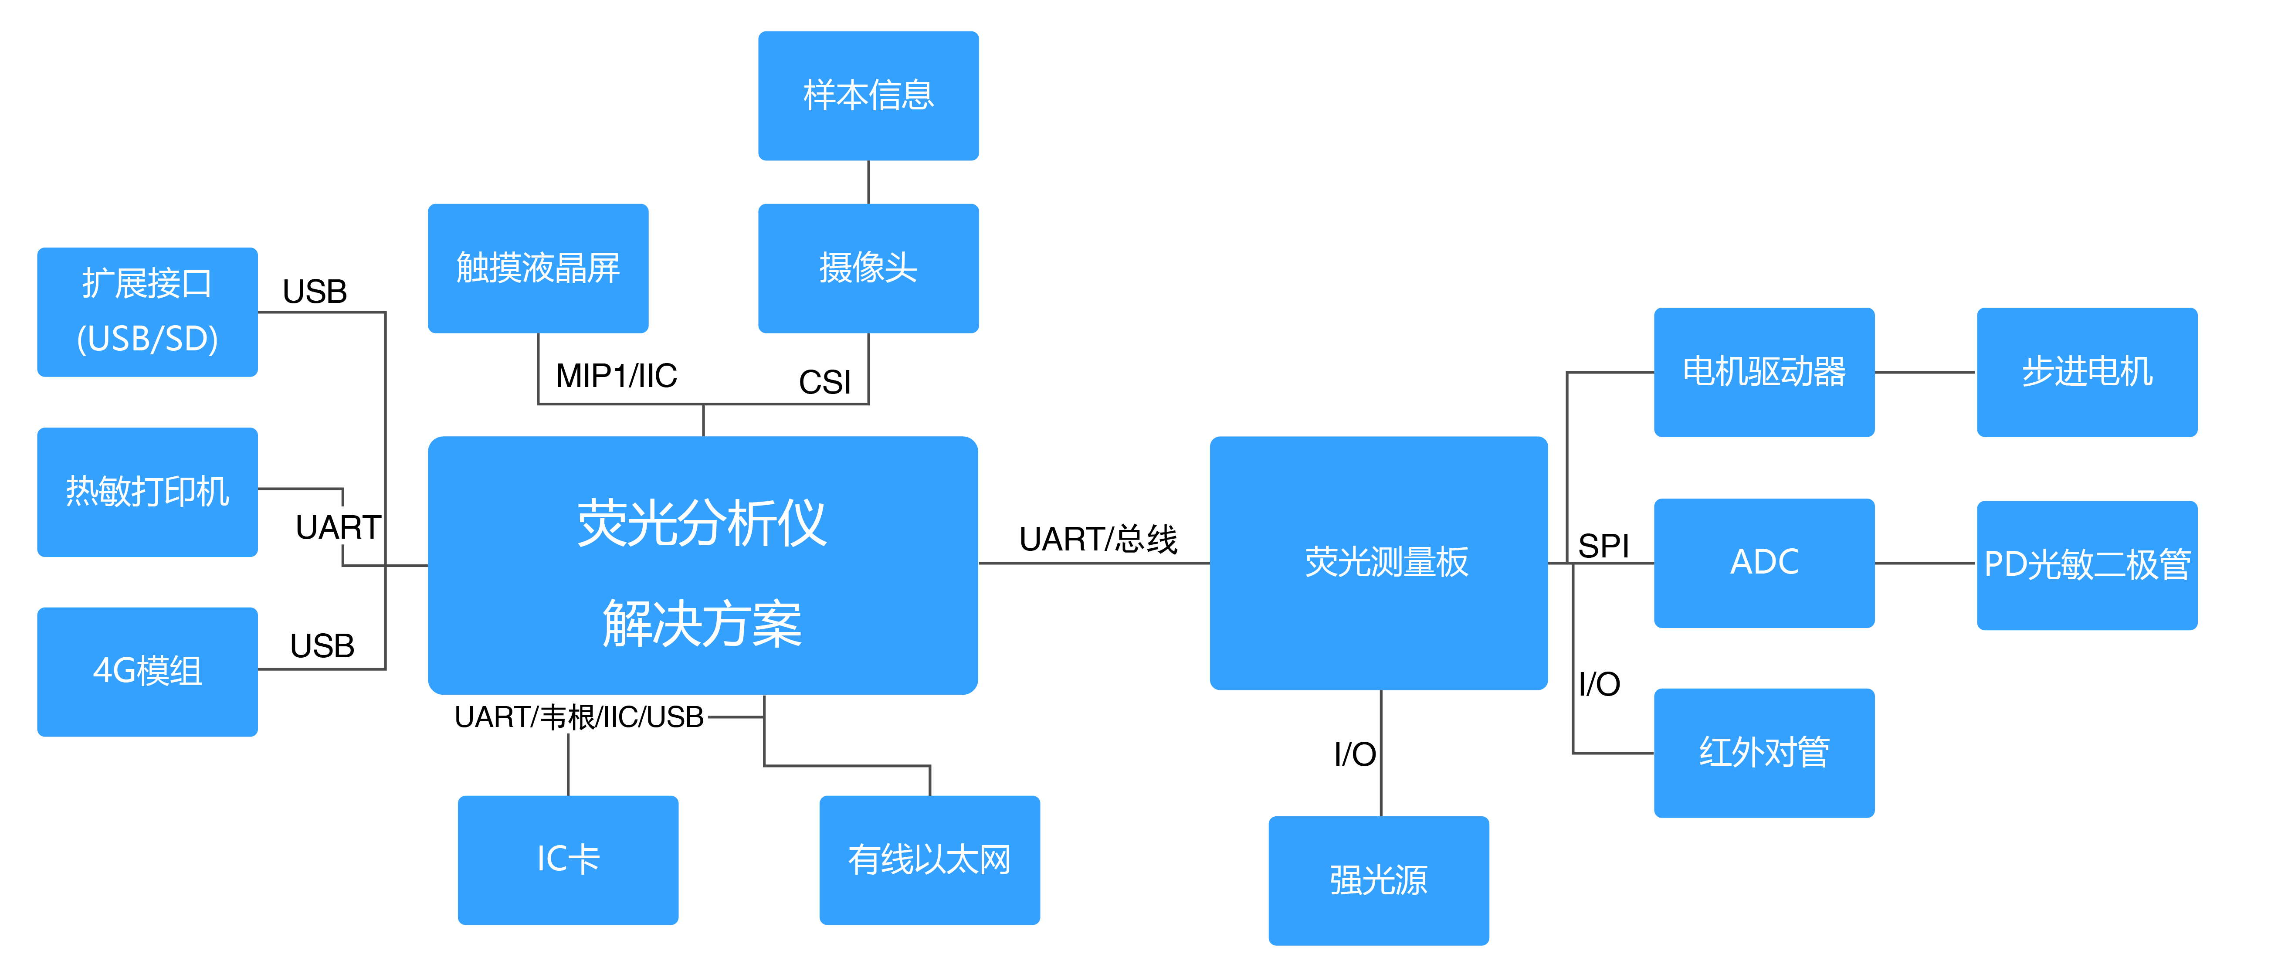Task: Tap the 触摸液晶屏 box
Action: point(538,268)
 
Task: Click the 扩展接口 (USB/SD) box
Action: point(147,311)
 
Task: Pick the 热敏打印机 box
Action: point(147,492)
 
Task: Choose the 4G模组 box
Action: point(147,671)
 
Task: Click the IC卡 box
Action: point(568,859)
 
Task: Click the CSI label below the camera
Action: point(824,382)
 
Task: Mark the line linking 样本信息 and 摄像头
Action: point(868,182)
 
